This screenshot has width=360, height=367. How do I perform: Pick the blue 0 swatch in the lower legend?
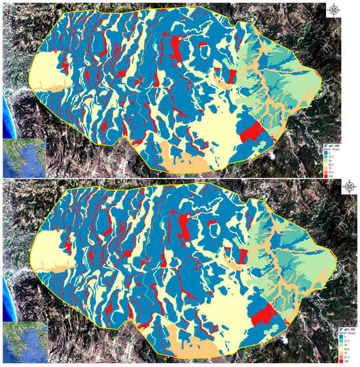335,335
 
